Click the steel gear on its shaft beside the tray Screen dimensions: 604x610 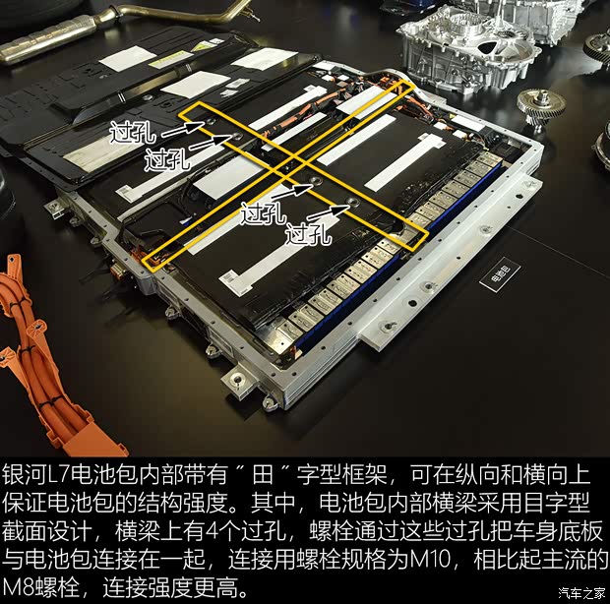(539, 102)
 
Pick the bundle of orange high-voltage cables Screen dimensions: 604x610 (39, 344)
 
